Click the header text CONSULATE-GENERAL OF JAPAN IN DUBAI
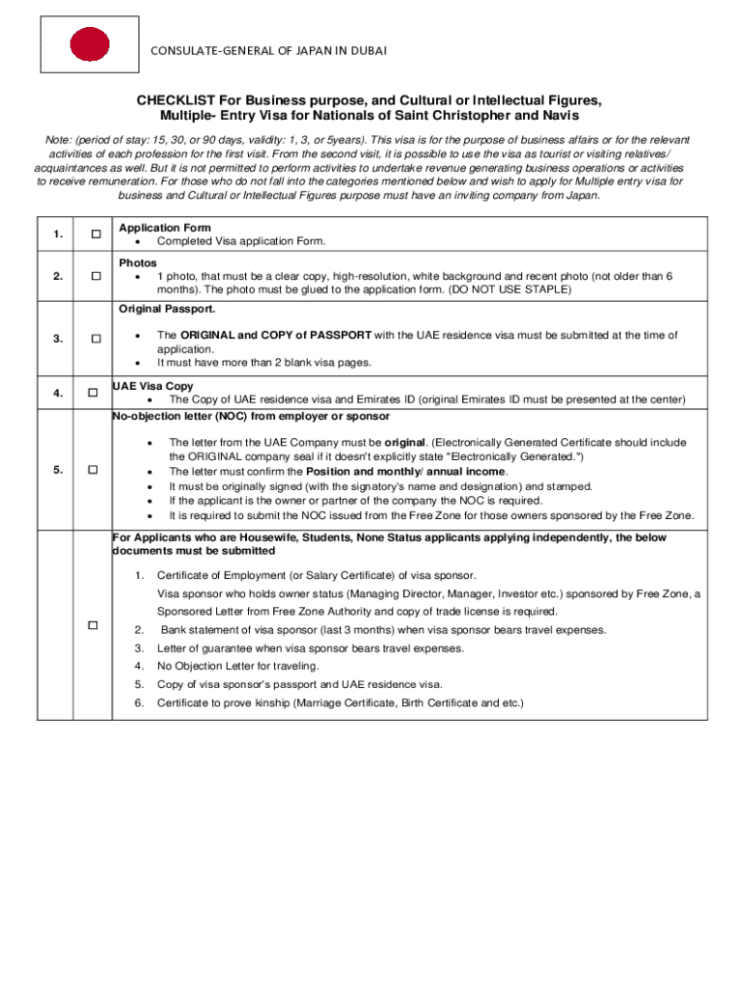(268, 50)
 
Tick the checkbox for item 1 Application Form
(95, 234)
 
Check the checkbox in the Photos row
(95, 277)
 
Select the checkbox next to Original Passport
(95, 339)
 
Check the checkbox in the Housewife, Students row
(93, 625)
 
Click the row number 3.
(58, 339)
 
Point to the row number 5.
(58, 470)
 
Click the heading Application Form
(164, 228)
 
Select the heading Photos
(138, 262)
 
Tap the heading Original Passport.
(167, 310)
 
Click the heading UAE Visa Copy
(152, 386)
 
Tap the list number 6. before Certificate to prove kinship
(140, 702)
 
